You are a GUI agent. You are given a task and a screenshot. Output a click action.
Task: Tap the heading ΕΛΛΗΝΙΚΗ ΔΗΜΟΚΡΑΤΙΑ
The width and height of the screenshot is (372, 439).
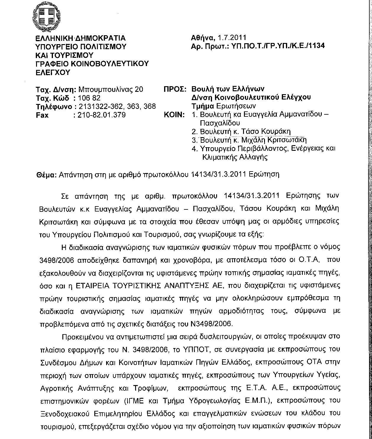pyautogui.click(x=80, y=38)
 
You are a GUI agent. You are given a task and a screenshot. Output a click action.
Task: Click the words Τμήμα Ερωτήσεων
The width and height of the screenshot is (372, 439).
pyautogui.click(x=224, y=106)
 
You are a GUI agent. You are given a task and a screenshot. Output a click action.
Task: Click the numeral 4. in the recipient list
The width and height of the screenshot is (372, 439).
pyautogui.click(x=194, y=149)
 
